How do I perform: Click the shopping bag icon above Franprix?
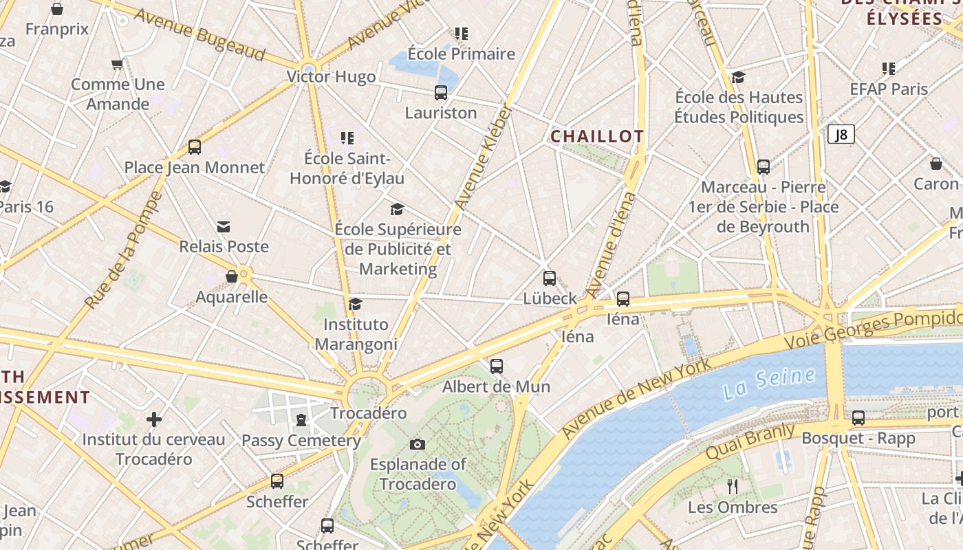click(x=57, y=9)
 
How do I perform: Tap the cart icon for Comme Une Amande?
click(x=117, y=65)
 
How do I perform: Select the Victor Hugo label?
click(x=332, y=76)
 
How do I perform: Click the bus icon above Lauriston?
click(x=441, y=92)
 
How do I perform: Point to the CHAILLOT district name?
click(x=597, y=136)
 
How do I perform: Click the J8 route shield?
click(x=841, y=135)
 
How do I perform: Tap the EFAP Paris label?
click(x=889, y=89)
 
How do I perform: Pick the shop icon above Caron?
click(x=935, y=164)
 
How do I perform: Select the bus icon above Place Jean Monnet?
click(x=195, y=146)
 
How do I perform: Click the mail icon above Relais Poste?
click(x=224, y=226)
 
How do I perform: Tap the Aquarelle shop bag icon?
click(x=232, y=276)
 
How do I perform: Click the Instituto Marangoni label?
click(x=356, y=334)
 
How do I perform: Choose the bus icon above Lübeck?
click(x=550, y=278)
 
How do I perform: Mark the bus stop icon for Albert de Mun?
click(x=497, y=366)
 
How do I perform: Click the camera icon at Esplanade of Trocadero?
click(x=417, y=444)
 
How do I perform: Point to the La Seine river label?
click(x=769, y=383)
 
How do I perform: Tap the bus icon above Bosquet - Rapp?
click(x=858, y=417)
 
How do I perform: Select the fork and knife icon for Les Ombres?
click(x=733, y=487)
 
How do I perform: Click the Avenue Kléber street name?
click(x=484, y=157)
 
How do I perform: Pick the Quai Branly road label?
click(x=750, y=441)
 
